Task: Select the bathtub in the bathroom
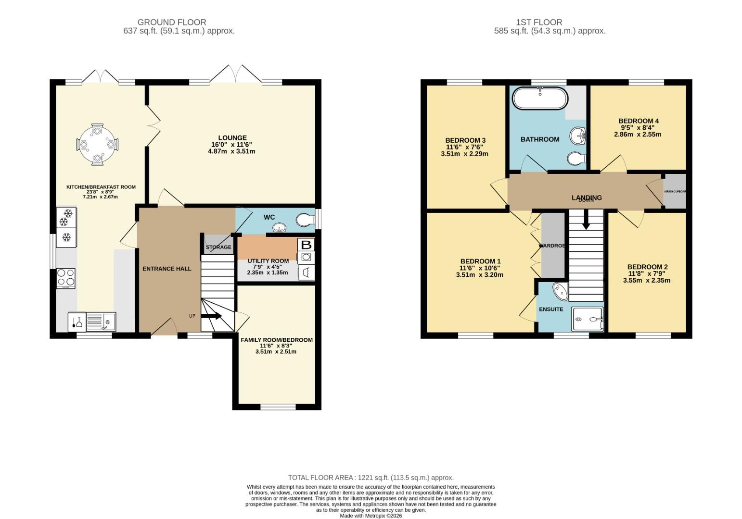coord(540,99)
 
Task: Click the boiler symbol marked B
coord(306,245)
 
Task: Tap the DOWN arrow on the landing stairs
coord(586,222)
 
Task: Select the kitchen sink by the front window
coord(106,321)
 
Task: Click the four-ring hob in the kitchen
coord(66,277)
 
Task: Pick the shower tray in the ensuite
coord(587,319)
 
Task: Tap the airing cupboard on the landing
coord(675,191)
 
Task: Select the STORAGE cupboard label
coord(218,247)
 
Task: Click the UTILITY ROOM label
coord(268,261)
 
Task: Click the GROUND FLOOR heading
coord(172,22)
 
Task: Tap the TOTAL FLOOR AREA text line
coord(371,478)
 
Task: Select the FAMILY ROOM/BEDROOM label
coord(276,340)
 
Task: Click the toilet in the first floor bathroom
coord(576,158)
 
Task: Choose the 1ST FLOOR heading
coord(539,22)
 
